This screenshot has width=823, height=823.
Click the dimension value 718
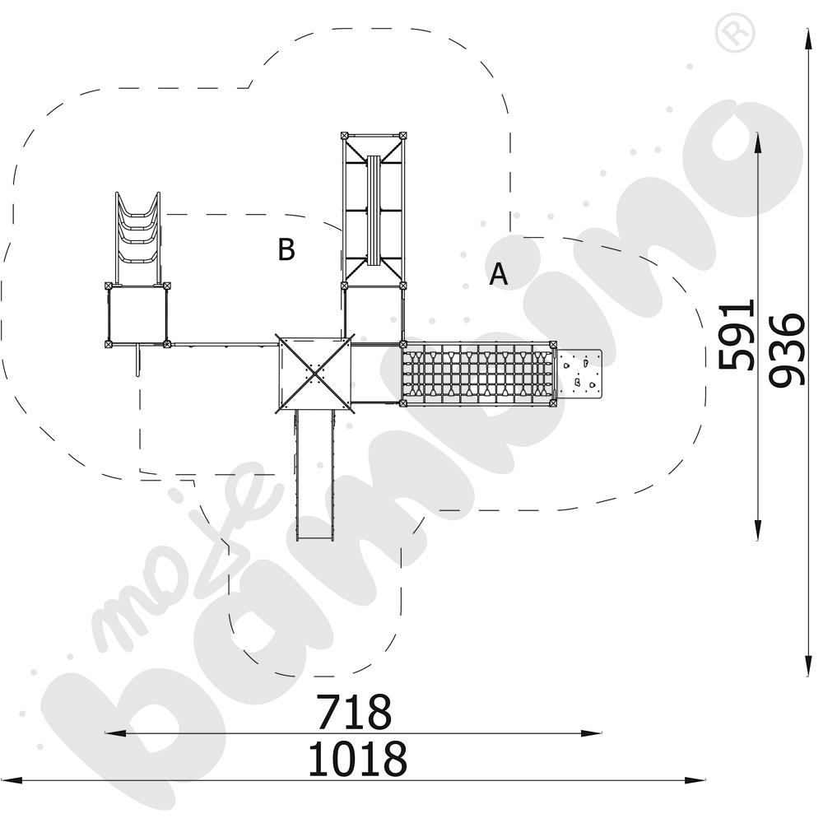354,711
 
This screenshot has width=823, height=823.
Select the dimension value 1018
357,759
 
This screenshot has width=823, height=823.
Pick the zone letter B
286,249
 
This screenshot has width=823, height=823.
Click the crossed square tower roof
314,373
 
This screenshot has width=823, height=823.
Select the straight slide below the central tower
315,475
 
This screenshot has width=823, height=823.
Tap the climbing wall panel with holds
579,373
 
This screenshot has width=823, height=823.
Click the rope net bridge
477,373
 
